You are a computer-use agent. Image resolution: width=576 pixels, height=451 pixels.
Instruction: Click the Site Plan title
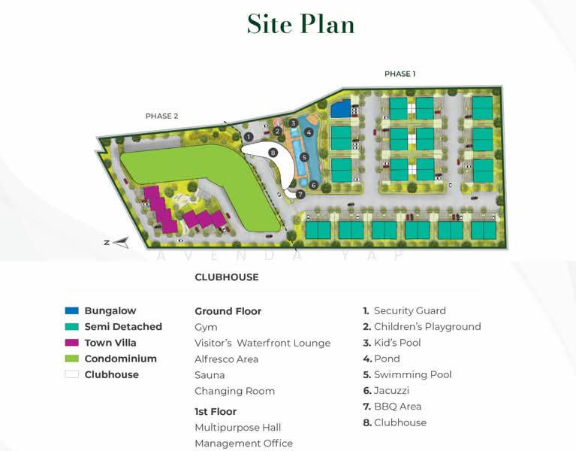[x=300, y=24]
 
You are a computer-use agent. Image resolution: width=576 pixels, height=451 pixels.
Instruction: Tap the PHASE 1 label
[x=400, y=74]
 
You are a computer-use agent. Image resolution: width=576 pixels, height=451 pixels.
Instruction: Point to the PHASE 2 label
[x=161, y=116]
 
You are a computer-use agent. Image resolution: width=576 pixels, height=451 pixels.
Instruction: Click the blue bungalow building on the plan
[x=341, y=110]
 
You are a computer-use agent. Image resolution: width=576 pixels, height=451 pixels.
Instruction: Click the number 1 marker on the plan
[x=248, y=137]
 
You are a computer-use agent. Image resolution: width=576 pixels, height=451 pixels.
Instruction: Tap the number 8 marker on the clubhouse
[x=273, y=153]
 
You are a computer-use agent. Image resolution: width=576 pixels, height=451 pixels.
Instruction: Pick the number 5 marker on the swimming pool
[x=304, y=157]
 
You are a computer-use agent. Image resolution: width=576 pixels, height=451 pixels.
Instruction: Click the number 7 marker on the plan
[x=300, y=194]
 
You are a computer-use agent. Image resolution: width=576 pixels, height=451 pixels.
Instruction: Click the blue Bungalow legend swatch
[x=72, y=310]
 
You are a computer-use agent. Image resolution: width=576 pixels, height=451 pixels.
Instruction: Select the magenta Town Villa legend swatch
[x=72, y=343]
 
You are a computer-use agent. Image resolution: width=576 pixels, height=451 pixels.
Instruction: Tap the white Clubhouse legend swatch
[x=72, y=374]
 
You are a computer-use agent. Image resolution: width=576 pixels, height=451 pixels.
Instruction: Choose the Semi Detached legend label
[x=123, y=327]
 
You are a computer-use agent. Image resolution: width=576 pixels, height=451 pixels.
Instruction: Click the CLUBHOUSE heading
[x=227, y=277]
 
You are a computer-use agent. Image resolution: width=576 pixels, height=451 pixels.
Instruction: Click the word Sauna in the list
[x=210, y=375]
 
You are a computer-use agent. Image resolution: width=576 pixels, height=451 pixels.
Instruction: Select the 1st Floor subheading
[x=216, y=412]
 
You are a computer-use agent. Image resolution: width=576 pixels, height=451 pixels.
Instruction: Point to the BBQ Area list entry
[x=397, y=407]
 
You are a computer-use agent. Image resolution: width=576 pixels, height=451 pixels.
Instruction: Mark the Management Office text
[x=243, y=443]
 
